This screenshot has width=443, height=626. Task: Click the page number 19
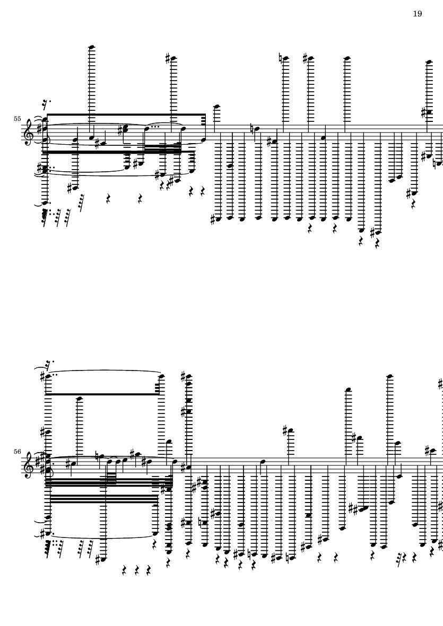coord(417,14)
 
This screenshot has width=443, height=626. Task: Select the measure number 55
coord(17,119)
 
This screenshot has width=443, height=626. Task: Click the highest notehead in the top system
coord(91,48)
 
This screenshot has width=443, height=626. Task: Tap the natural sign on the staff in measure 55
coord(251,129)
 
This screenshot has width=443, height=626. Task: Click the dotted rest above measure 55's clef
coord(46,104)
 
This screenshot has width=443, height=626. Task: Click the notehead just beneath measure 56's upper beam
coord(79,399)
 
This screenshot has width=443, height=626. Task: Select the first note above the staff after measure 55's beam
coord(216,107)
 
